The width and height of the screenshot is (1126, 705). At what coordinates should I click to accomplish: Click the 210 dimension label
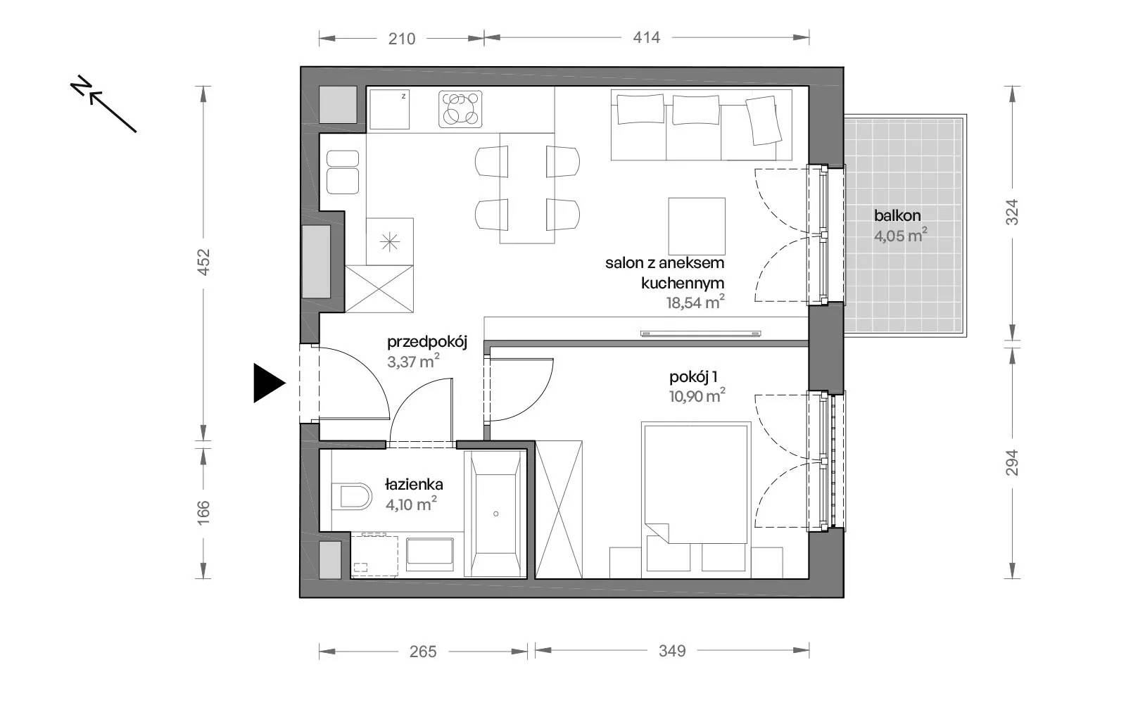point(402,39)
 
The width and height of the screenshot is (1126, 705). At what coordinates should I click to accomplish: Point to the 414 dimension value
point(647,38)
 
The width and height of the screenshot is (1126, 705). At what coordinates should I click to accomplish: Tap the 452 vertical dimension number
point(203,262)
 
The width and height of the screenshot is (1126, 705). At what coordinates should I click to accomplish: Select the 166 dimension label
point(203,513)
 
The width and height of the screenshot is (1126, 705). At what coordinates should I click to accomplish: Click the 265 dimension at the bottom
point(423,652)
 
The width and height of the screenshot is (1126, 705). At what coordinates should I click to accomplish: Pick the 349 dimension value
point(672,652)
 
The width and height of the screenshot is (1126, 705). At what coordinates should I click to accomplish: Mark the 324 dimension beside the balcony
point(1012,212)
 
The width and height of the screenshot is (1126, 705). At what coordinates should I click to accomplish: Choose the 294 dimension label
point(1012,462)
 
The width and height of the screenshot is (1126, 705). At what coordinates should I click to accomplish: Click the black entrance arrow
point(269,383)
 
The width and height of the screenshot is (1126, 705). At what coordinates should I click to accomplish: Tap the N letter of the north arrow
point(81,85)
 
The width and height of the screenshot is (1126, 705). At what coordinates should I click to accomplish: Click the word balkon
point(897,215)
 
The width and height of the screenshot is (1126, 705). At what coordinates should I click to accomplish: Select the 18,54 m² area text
point(695,302)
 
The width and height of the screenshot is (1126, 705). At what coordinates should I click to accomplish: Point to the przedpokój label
point(427,343)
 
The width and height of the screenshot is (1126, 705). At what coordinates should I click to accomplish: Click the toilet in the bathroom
point(351,497)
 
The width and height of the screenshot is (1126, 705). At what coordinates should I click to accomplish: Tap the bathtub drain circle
point(495,514)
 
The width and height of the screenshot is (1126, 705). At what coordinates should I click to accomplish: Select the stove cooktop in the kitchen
point(460,108)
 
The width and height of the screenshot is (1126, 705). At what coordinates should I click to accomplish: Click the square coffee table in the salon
point(697,226)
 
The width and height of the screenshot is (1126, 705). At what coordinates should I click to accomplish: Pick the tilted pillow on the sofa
point(764,120)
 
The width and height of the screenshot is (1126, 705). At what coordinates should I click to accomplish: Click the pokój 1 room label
point(693,377)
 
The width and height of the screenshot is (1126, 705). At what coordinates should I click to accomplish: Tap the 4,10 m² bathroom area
point(411,504)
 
